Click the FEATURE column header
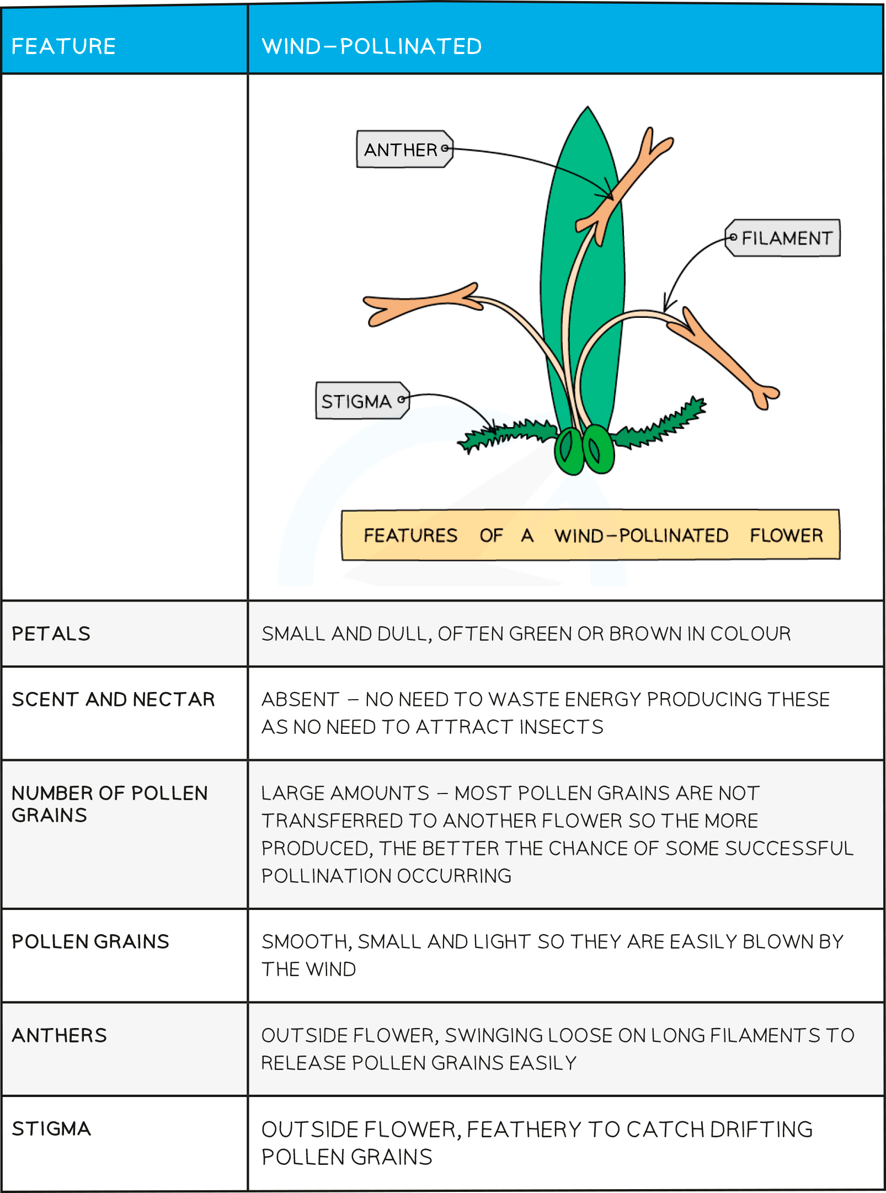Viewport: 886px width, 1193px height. click(63, 46)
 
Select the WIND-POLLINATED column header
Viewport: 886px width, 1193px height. click(371, 46)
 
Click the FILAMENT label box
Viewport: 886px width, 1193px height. click(784, 238)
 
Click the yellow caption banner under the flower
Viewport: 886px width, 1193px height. click(590, 535)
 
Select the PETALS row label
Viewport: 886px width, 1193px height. click(51, 633)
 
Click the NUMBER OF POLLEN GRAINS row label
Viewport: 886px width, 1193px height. click(109, 804)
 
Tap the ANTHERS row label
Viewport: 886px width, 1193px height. click(59, 1035)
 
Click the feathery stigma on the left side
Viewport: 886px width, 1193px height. click(508, 433)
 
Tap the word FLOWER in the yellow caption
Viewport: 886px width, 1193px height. click(786, 535)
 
